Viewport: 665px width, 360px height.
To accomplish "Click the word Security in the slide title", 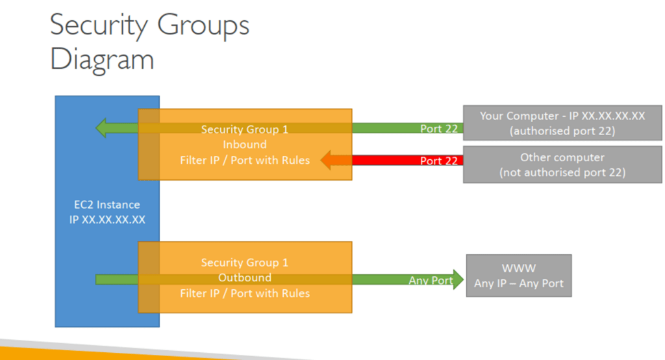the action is click(x=99, y=25).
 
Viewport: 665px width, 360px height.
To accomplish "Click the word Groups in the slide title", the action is click(x=203, y=25).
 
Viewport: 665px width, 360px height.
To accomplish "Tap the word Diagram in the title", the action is click(x=102, y=60).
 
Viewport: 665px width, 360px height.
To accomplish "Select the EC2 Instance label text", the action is click(x=107, y=205).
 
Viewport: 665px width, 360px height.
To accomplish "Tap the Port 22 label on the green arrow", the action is click(x=439, y=129).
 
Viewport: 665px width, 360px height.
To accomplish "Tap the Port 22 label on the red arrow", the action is click(x=439, y=161).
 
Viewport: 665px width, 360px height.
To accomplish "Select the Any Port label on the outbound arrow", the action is click(x=431, y=281).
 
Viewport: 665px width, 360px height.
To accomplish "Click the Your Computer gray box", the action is click(x=562, y=123).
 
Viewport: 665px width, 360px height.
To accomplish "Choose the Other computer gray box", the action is click(x=562, y=164).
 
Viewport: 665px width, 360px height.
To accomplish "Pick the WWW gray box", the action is click(x=519, y=276).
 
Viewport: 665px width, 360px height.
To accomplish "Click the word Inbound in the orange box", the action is click(x=245, y=144).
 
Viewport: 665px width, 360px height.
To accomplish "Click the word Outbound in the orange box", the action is click(x=245, y=277).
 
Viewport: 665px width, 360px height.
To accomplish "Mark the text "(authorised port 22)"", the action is click(x=562, y=131).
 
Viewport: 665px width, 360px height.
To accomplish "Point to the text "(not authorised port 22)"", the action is click(x=562, y=172).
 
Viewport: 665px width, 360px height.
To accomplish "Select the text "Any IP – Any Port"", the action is click(x=519, y=283).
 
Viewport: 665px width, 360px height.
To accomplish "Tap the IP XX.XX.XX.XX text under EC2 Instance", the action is click(x=107, y=220).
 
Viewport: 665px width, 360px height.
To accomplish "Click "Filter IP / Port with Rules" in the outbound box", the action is click(x=245, y=293).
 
